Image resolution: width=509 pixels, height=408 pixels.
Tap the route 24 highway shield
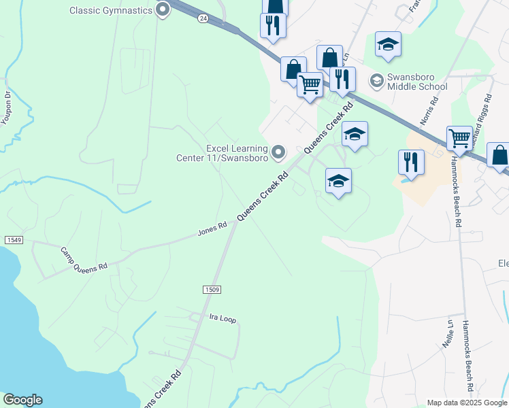pos(203,19)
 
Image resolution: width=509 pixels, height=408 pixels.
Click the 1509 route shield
pos(212,290)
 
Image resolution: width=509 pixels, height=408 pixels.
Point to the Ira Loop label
pos(223,318)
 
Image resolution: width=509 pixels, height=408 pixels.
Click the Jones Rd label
pos(212,230)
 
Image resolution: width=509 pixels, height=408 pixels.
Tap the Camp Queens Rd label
pos(84,258)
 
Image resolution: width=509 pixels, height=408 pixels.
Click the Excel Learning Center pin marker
pos(278,152)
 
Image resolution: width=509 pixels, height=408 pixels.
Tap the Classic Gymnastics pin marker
pos(162,10)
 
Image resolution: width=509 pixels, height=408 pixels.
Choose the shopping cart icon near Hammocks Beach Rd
pos(460,139)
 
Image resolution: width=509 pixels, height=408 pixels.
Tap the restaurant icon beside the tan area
pos(411,162)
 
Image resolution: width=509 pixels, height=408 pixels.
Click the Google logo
pos(22,400)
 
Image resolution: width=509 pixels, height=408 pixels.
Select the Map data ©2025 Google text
pos(467,403)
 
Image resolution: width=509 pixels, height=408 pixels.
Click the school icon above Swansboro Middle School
pos(388,44)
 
